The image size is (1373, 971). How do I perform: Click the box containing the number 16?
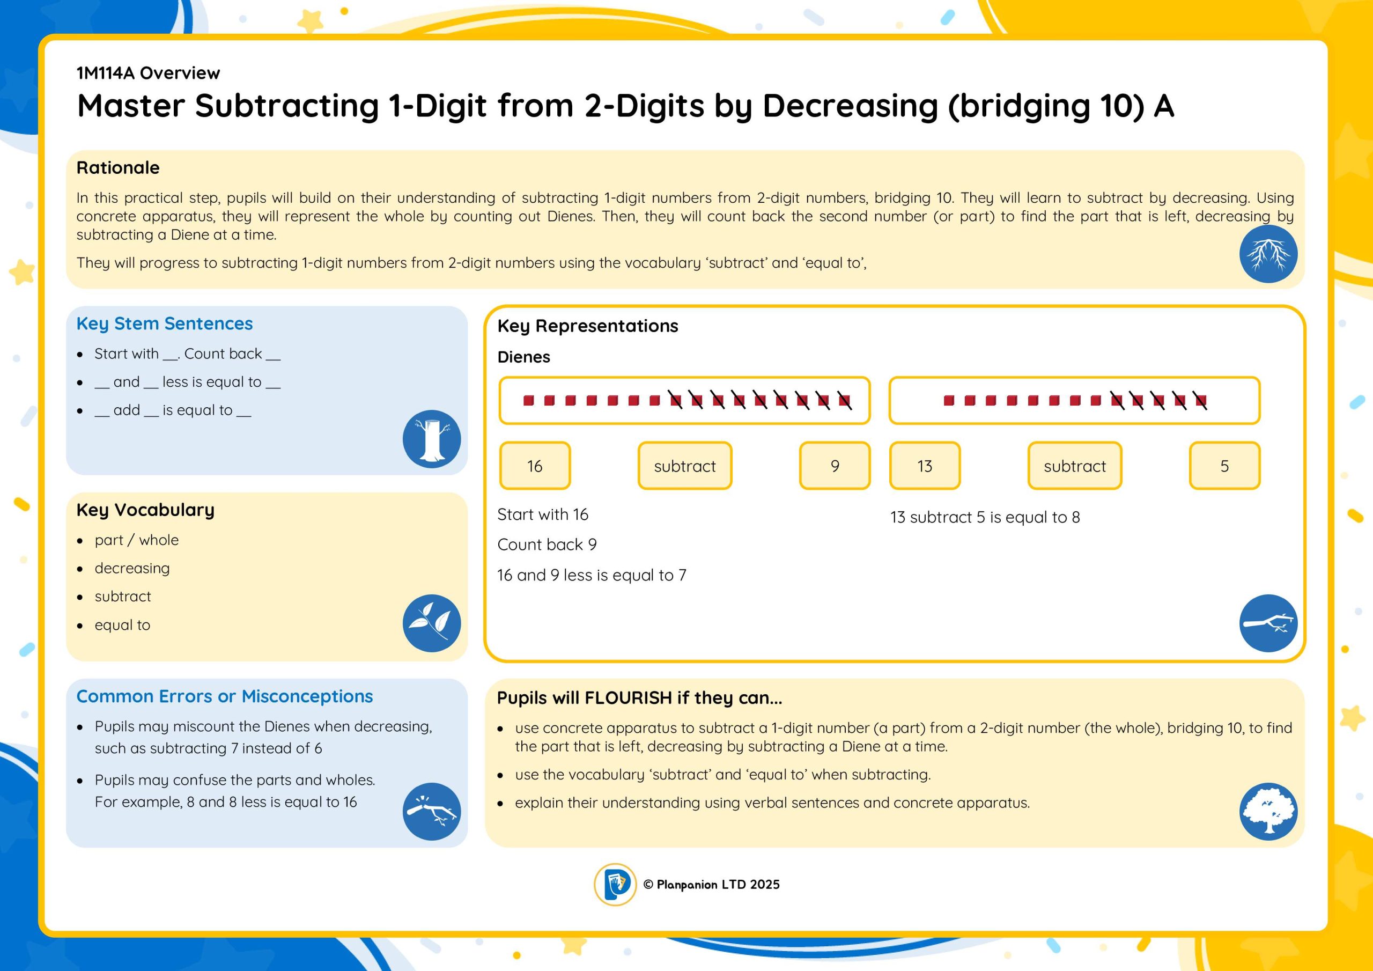pyautogui.click(x=535, y=466)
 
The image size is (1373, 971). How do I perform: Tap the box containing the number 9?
pyautogui.click(x=835, y=466)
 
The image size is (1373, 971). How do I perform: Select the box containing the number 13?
pyautogui.click(x=925, y=466)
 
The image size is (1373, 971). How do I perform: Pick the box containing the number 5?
pyautogui.click(x=1224, y=466)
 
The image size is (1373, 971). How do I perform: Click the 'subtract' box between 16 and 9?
pyautogui.click(x=685, y=466)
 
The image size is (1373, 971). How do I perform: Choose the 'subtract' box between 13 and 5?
pyautogui.click(x=1075, y=466)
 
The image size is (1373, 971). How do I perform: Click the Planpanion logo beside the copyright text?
pyautogui.click(x=615, y=884)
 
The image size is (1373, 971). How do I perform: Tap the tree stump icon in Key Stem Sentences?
pyautogui.click(x=432, y=438)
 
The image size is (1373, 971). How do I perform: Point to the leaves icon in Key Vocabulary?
pyautogui.click(x=432, y=623)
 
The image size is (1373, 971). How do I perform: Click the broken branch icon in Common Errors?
pyautogui.click(x=432, y=811)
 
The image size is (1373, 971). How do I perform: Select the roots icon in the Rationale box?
pyautogui.click(x=1268, y=254)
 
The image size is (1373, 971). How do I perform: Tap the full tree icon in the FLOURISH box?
pyautogui.click(x=1268, y=811)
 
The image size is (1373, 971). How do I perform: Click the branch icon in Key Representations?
pyautogui.click(x=1268, y=623)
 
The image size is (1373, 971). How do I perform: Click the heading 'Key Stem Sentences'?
pyautogui.click(x=165, y=323)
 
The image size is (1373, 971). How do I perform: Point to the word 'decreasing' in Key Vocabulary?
pyautogui.click(x=132, y=568)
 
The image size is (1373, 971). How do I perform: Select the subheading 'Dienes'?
pyautogui.click(x=524, y=357)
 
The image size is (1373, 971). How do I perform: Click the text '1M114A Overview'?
pyautogui.click(x=149, y=73)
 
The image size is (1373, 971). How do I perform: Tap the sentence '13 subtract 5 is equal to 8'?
pyautogui.click(x=985, y=517)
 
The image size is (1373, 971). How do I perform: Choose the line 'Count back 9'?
pyautogui.click(x=547, y=545)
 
